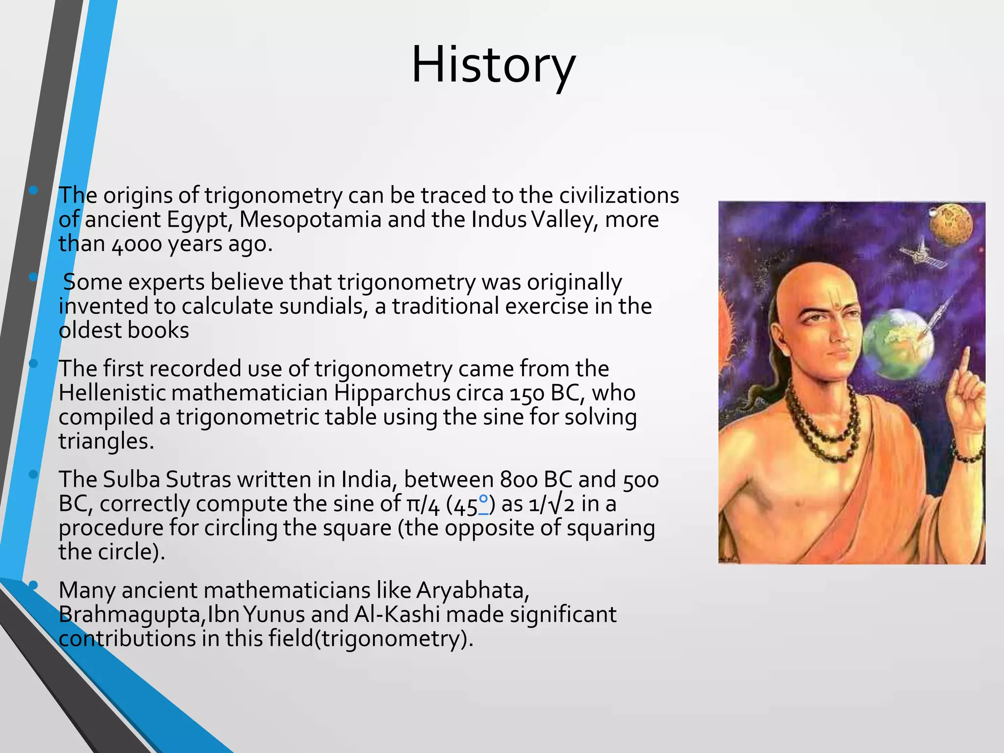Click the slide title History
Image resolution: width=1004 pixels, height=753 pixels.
coord(493,65)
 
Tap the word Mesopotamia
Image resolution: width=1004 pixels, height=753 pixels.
coord(310,219)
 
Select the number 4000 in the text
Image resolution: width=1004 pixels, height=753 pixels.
coord(137,244)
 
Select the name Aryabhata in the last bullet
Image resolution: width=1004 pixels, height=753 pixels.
coord(472,590)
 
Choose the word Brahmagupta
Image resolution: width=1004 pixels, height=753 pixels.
coord(131,615)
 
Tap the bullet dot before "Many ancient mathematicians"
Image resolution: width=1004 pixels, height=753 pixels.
coord(33,584)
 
